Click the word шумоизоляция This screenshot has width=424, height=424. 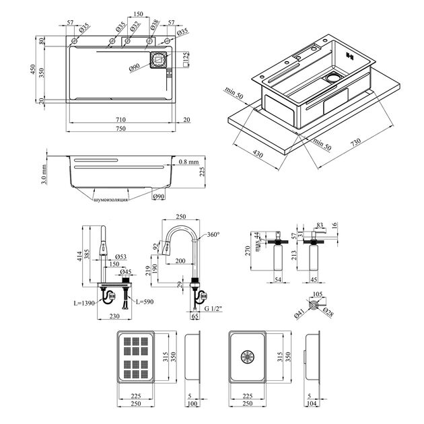[x=110, y=200]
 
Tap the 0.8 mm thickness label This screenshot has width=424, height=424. [x=188, y=162]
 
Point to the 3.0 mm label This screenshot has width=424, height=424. [x=42, y=174]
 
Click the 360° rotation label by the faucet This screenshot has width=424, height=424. [x=213, y=234]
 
